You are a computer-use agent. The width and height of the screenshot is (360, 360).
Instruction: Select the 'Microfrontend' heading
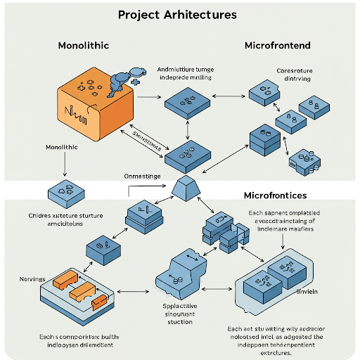[277, 46]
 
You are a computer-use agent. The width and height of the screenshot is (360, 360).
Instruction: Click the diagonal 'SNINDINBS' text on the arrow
[148, 140]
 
